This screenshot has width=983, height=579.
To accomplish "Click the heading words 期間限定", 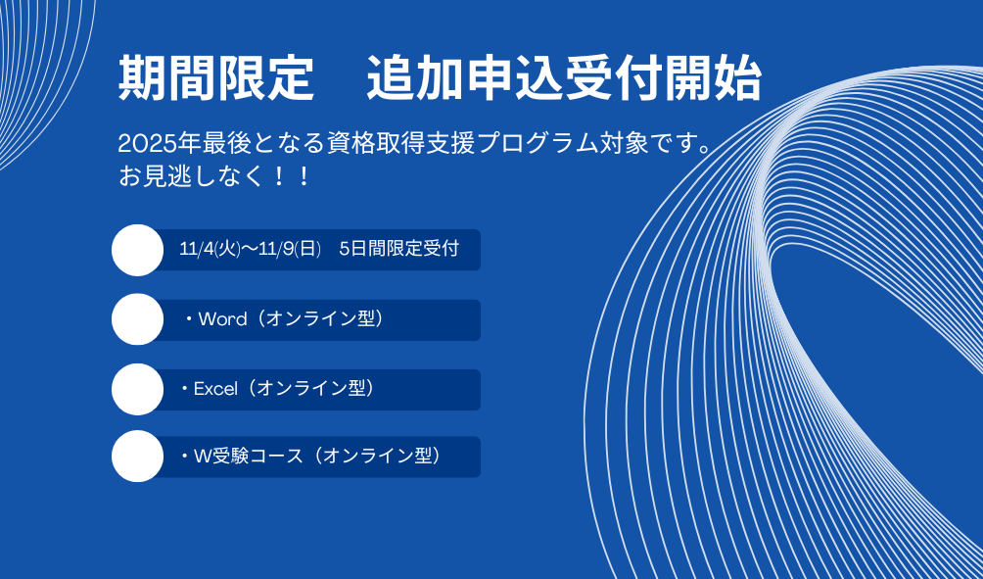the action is (216, 79).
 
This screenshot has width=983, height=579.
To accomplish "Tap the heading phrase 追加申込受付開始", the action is (564, 79).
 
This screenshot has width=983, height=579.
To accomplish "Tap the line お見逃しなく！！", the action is (215, 176).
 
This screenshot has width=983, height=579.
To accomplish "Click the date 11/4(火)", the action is (211, 249).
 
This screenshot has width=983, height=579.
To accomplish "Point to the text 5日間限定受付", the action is (399, 249).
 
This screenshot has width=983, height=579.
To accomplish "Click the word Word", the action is (222, 319).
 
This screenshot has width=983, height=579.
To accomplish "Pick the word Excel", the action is (215, 389).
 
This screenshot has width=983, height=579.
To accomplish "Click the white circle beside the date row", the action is (138, 250).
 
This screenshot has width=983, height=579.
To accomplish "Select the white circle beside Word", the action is (138, 319).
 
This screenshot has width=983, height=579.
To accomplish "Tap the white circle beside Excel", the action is (138, 389).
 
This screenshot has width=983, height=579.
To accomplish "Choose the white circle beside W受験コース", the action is (138, 457).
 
